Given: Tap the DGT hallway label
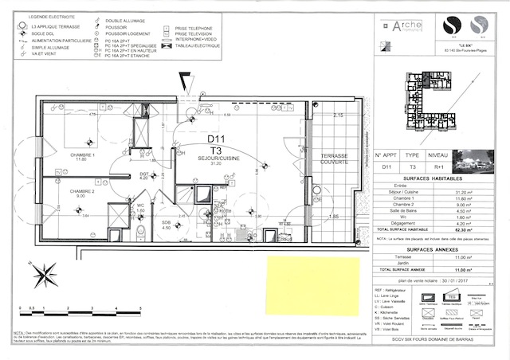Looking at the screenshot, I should point(144,174).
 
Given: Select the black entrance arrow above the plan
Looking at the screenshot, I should point(186,80).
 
